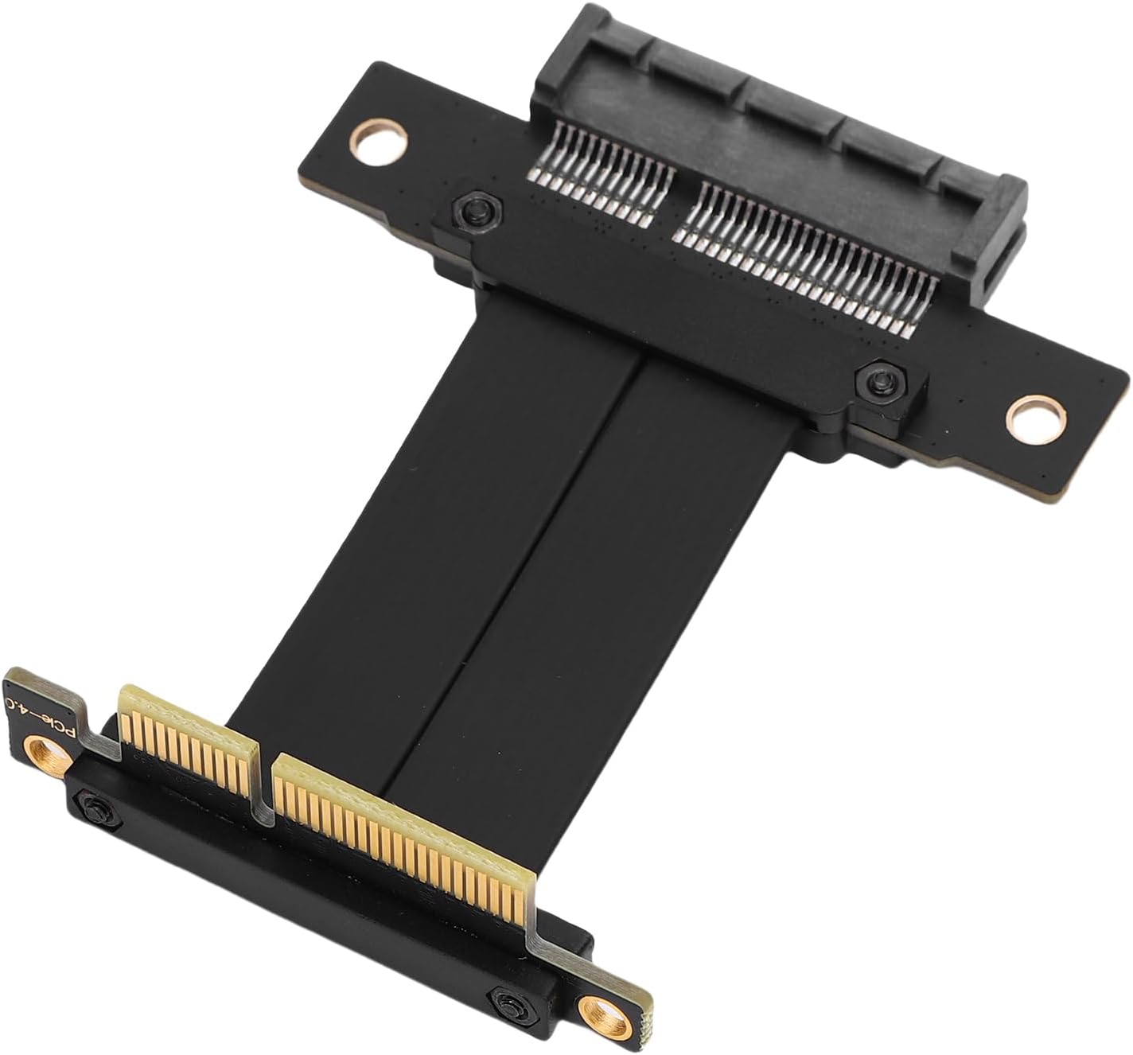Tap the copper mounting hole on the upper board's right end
pos(1034,416)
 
